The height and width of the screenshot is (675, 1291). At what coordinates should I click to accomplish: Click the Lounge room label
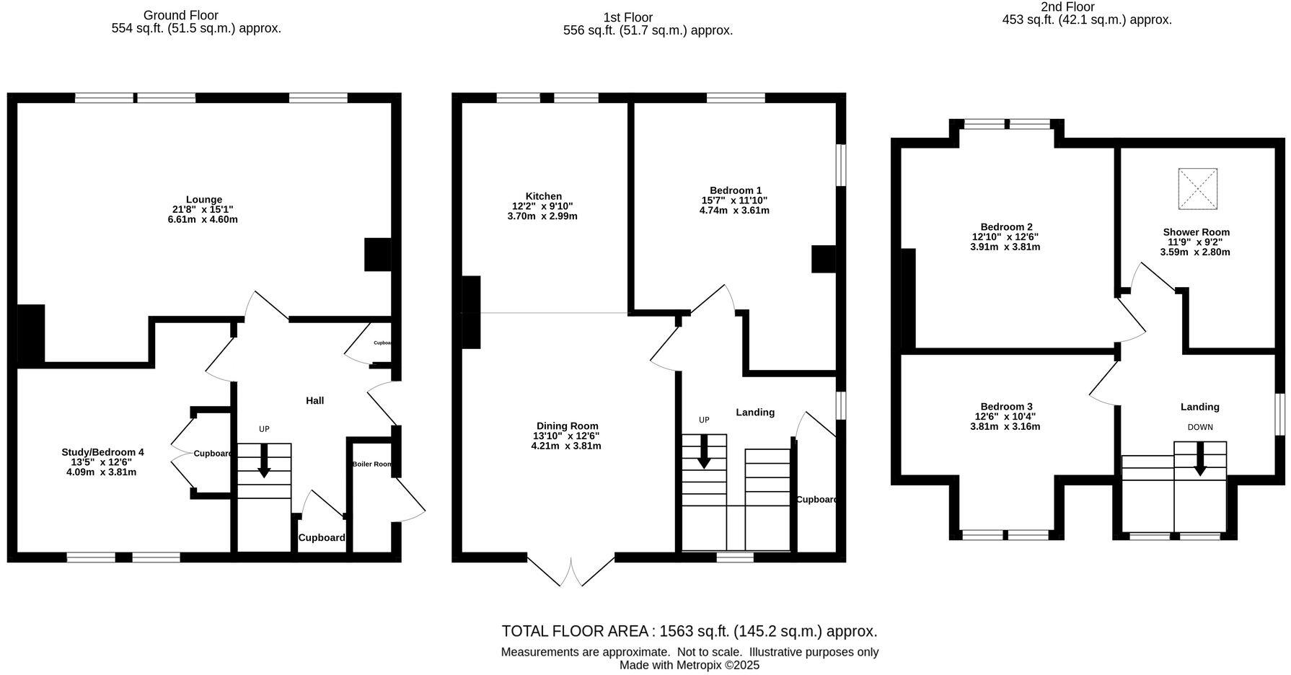pyautogui.click(x=203, y=200)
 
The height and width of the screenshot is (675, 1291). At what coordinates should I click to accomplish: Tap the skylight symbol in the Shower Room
pyautogui.click(x=1197, y=189)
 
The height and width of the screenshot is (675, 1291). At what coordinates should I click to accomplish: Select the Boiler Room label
pyautogui.click(x=371, y=464)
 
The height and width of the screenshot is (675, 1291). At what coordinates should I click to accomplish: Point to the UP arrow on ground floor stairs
pyautogui.click(x=264, y=460)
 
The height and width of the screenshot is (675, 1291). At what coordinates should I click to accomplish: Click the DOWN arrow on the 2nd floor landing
pyautogui.click(x=1200, y=459)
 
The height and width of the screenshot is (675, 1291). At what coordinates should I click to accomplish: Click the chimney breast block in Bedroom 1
pyautogui.click(x=823, y=259)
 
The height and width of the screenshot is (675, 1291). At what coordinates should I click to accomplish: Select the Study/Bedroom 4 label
pyautogui.click(x=102, y=452)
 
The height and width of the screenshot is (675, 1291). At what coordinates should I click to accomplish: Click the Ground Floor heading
pyautogui.click(x=180, y=15)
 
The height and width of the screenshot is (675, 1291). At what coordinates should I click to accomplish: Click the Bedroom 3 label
pyautogui.click(x=1005, y=407)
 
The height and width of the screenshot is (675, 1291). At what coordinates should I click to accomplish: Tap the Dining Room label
pyautogui.click(x=567, y=426)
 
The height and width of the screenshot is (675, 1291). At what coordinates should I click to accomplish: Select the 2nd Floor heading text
pyautogui.click(x=1067, y=7)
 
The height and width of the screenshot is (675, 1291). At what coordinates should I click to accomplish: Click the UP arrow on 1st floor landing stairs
pyautogui.click(x=704, y=452)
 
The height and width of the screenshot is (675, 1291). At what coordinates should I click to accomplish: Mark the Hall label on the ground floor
pyautogui.click(x=314, y=400)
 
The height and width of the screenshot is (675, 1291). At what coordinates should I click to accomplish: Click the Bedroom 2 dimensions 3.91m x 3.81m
pyautogui.click(x=1005, y=247)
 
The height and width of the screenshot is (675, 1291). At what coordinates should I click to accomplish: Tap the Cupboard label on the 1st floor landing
pyautogui.click(x=816, y=500)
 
